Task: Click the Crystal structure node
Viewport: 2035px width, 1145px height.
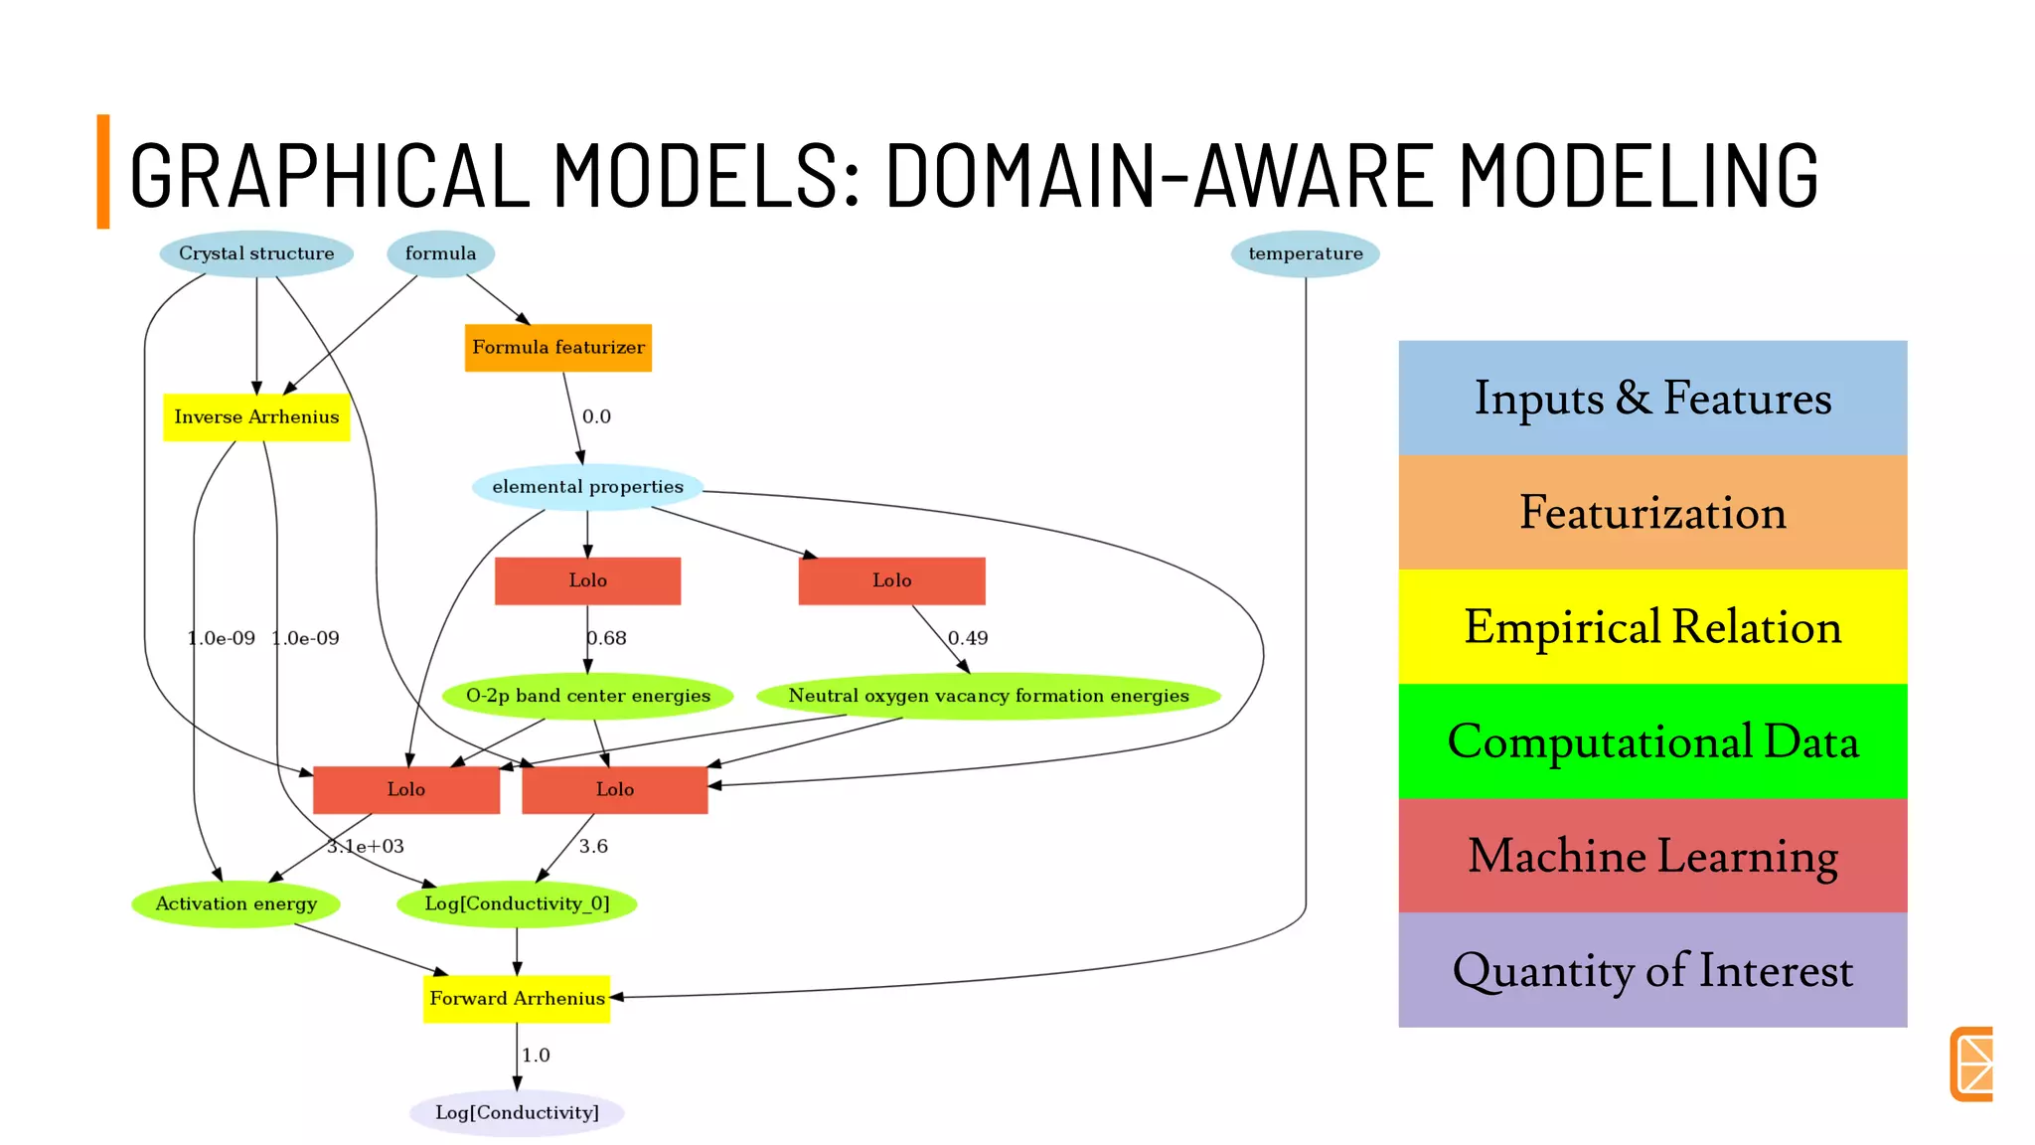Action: (x=256, y=253)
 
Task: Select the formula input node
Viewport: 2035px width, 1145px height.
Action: (x=440, y=253)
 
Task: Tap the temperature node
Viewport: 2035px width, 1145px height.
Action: (x=1305, y=253)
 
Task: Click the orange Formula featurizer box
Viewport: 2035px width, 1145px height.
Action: (x=557, y=348)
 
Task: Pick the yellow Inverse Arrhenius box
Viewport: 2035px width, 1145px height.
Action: (x=256, y=417)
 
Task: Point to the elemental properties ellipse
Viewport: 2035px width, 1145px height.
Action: (x=587, y=487)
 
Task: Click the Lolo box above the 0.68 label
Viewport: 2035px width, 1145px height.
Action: (x=587, y=580)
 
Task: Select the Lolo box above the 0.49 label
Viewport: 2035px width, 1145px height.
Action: (x=891, y=580)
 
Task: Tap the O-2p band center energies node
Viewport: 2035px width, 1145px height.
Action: (x=587, y=696)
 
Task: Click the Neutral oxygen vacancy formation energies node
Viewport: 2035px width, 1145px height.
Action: (x=988, y=696)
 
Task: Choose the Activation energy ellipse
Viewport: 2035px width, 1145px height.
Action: (x=235, y=903)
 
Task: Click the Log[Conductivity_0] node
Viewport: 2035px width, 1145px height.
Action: (x=517, y=903)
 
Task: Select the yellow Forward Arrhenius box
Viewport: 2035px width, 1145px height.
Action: (x=517, y=998)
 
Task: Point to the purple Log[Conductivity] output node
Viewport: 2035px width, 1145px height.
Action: (x=517, y=1112)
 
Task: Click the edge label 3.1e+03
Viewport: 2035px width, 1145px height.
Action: (x=366, y=847)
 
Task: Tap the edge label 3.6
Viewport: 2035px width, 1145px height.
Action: (x=593, y=847)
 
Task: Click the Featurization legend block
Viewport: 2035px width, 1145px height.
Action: (x=1651, y=513)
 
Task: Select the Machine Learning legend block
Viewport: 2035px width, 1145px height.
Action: (x=1651, y=856)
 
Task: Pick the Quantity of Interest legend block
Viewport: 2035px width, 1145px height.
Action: (x=1651, y=970)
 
